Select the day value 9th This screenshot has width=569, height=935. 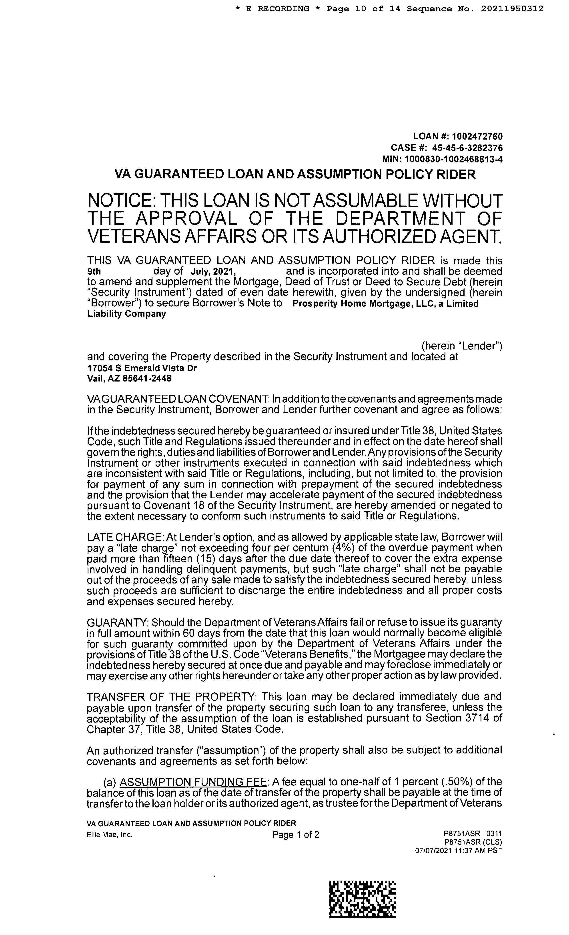[x=94, y=272]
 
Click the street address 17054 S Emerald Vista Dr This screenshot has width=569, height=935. [x=142, y=368]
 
